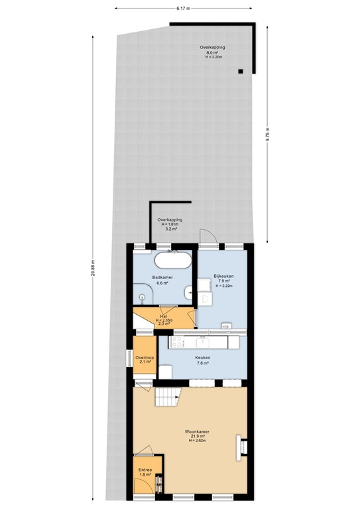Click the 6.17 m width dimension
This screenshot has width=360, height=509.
coord(183,9)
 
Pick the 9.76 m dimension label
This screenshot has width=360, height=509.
coord(268,134)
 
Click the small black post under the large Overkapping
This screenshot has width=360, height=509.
coord(241,71)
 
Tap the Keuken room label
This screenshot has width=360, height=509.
coord(203,359)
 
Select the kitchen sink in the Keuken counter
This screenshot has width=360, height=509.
coord(203,342)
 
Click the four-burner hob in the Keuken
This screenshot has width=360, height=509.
coord(178,342)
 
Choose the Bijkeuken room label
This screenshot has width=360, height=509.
coord(223,279)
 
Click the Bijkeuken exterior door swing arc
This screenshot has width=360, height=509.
coord(206,236)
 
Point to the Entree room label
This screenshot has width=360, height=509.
coord(145,472)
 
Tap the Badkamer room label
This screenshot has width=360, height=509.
coord(162,279)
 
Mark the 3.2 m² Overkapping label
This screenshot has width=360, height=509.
coord(169,224)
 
